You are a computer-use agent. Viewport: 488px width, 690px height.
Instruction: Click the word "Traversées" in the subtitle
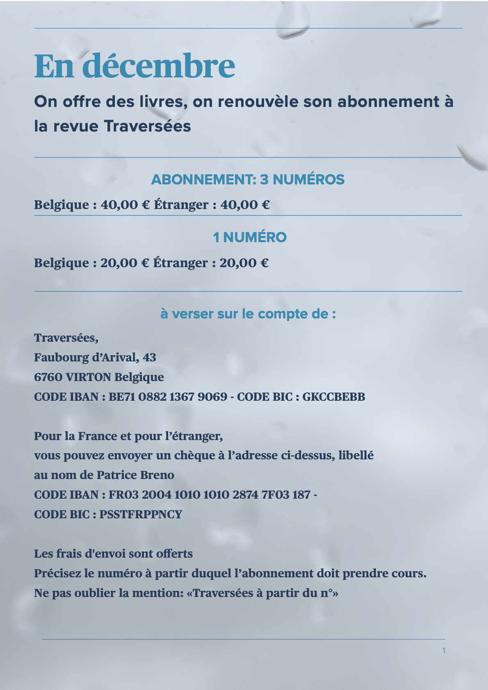(x=147, y=126)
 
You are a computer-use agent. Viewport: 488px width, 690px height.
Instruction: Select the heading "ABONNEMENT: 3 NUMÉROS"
(x=248, y=179)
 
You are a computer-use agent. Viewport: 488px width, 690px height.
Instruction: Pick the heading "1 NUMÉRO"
(x=249, y=237)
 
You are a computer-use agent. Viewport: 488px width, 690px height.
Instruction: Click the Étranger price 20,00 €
(x=244, y=263)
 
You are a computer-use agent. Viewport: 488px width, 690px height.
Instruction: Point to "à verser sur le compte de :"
(x=248, y=314)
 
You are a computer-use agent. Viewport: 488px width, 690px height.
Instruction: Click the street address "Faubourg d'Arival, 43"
(x=95, y=357)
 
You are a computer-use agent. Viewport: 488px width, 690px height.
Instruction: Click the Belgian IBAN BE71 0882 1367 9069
(x=168, y=397)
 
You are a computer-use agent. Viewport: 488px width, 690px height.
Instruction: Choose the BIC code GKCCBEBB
(x=333, y=397)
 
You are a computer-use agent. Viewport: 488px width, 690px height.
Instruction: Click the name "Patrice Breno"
(x=135, y=475)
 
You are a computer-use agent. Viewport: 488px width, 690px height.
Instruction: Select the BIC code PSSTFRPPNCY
(x=141, y=514)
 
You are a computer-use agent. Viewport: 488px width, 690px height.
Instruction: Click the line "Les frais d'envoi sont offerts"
(x=113, y=554)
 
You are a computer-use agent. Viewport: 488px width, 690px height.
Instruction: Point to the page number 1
(x=444, y=650)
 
